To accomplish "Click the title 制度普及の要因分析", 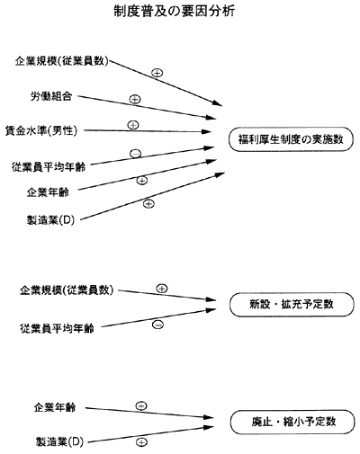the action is pyautogui.click(x=174, y=12).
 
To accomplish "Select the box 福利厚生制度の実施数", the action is pyautogui.click(x=291, y=139).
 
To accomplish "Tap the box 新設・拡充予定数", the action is pyautogui.click(x=292, y=305).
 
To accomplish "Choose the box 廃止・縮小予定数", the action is pyautogui.click(x=292, y=422).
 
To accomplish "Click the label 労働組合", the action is pyautogui.click(x=51, y=96).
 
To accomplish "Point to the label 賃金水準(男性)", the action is pyautogui.click(x=41, y=130).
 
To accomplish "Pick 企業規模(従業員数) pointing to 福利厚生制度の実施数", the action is pyautogui.click(x=61, y=61).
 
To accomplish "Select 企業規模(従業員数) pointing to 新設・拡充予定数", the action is pyautogui.click(x=67, y=289).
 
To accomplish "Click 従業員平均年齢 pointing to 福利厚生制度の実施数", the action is pyautogui.click(x=49, y=166).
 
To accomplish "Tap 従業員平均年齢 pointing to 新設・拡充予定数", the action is pyautogui.click(x=57, y=328).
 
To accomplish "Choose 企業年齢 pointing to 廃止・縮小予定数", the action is pyautogui.click(x=55, y=407).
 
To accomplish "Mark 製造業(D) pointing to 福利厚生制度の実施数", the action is pyautogui.click(x=50, y=220).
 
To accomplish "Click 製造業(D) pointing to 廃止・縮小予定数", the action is pyautogui.click(x=59, y=441).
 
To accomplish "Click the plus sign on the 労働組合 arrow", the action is pyautogui.click(x=135, y=99).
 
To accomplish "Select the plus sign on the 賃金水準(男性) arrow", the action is pyautogui.click(x=133, y=125).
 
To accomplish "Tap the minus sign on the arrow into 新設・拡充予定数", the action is pyautogui.click(x=157, y=325).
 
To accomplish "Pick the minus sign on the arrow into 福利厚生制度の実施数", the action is pyautogui.click(x=135, y=154).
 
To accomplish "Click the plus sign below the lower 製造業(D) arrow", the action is pyautogui.click(x=141, y=442).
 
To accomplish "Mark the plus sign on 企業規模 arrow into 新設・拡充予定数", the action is pyautogui.click(x=162, y=289).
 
